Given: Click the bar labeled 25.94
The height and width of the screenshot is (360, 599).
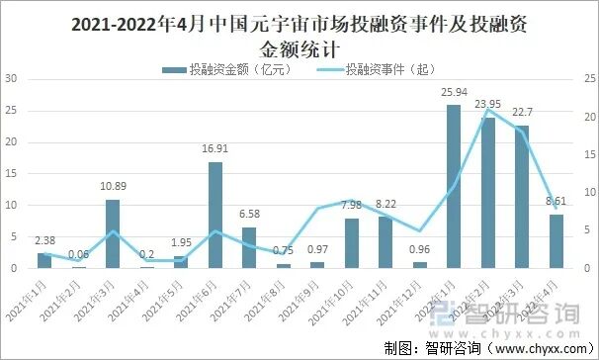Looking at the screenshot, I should [x=453, y=187].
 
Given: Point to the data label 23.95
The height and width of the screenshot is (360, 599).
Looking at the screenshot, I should [x=488, y=104].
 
